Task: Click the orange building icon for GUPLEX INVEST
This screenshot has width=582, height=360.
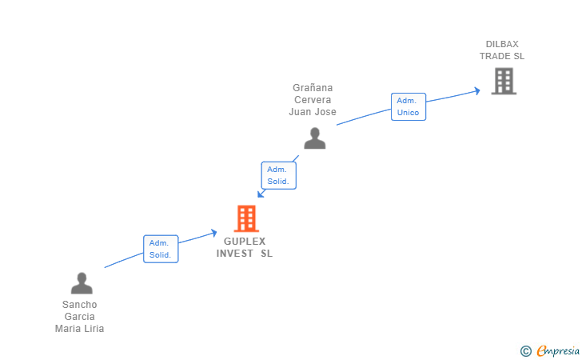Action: click(246, 218)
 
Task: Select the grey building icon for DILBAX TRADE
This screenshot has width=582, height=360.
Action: click(504, 81)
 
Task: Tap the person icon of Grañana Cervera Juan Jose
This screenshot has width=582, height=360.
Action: click(315, 138)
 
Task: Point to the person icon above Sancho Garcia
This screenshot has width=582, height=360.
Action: click(82, 283)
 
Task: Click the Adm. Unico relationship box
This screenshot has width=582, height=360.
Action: click(409, 106)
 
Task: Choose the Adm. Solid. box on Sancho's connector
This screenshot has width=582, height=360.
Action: click(161, 249)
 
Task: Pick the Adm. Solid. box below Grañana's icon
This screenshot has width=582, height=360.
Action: click(278, 175)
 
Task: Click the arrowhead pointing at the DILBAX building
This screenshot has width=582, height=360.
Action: click(477, 90)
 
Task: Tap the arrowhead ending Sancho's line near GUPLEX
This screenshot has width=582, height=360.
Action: click(213, 233)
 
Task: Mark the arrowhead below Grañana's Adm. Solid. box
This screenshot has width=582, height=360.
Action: click(261, 194)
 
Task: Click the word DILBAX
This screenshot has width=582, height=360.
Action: click(502, 44)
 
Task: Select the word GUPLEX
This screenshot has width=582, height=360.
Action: click(245, 242)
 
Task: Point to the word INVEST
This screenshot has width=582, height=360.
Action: click(234, 254)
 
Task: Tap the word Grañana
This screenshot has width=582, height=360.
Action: click(313, 88)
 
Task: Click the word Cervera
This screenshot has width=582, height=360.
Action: click(313, 99)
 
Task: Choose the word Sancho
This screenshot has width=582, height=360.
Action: click(79, 305)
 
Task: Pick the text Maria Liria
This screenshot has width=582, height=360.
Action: click(79, 329)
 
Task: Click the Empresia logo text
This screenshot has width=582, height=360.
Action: click(558, 350)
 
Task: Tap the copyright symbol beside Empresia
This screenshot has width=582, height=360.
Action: click(526, 351)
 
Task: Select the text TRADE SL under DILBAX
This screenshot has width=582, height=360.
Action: click(502, 56)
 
